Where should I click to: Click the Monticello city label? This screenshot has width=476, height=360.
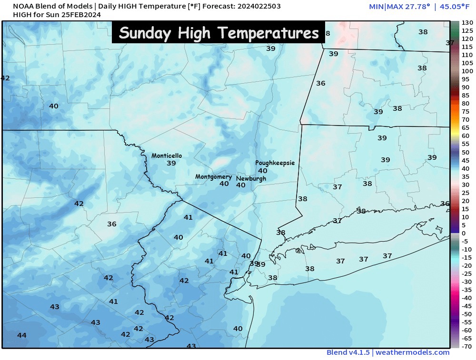coord(167,156)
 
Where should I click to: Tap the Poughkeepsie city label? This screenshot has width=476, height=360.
coord(275,163)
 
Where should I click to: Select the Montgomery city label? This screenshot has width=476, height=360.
coord(213,177)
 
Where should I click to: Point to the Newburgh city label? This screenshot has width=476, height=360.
coord(251,179)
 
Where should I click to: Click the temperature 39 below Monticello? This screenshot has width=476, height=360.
coord(171,163)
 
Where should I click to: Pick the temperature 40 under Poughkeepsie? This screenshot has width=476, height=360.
coord(262,171)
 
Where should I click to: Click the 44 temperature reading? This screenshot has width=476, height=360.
coord(22,335)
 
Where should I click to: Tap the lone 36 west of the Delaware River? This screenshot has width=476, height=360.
coord(112,224)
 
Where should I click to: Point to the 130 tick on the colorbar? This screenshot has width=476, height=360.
coord(467,23)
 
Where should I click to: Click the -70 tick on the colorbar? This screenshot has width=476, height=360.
coord(467,346)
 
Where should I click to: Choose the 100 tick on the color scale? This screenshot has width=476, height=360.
coord(467,71)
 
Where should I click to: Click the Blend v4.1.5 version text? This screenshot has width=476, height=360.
coord(347,352)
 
